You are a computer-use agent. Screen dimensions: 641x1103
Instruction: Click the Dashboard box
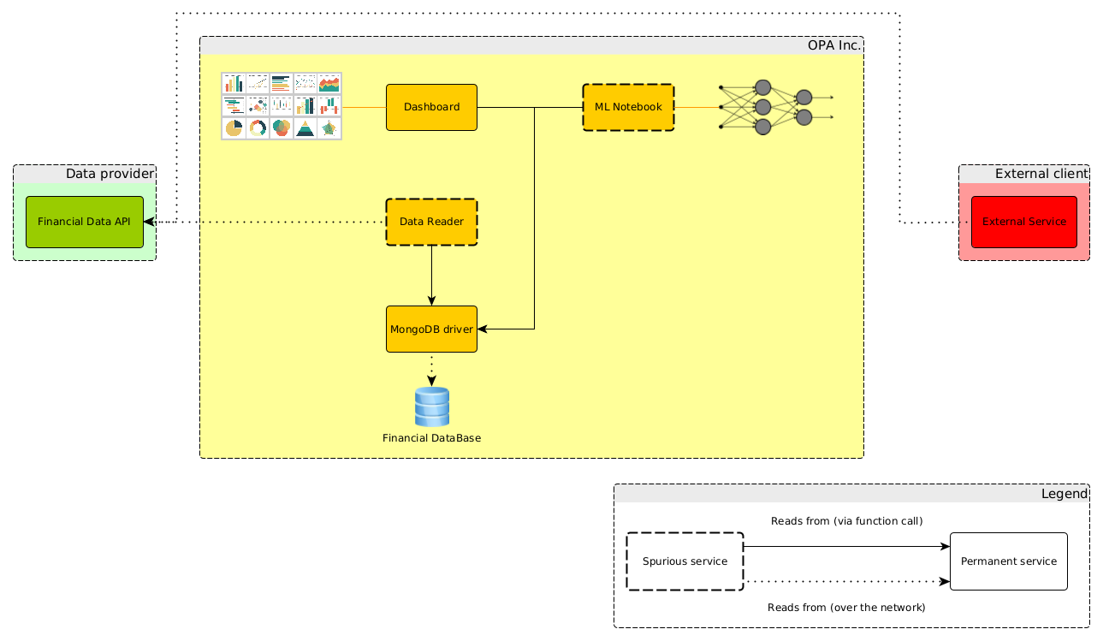(431, 107)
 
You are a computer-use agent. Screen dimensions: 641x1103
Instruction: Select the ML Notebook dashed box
(628, 107)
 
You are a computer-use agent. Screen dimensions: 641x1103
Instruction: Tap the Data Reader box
(431, 222)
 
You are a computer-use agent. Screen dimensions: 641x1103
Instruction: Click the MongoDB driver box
(431, 329)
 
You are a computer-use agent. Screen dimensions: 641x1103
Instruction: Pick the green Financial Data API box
(84, 222)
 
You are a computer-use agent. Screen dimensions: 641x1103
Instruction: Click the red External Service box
(1023, 222)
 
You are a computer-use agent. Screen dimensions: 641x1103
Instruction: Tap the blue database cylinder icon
(431, 407)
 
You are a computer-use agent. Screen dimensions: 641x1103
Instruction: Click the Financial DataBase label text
(431, 438)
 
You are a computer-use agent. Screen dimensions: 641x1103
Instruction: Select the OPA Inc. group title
(833, 45)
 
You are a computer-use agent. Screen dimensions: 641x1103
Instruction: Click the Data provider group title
(110, 174)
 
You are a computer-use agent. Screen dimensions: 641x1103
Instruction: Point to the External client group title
(1041, 174)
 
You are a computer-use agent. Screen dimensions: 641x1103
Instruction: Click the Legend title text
(1064, 494)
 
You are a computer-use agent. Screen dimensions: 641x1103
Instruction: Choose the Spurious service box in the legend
(685, 561)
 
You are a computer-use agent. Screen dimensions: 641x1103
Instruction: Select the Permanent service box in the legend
(1008, 561)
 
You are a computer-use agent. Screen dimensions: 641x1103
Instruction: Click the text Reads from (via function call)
(846, 521)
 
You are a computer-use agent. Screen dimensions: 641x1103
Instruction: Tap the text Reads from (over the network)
(846, 608)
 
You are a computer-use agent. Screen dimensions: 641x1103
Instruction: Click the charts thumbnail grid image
(282, 106)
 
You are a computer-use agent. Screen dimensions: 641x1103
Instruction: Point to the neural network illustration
(774, 107)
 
